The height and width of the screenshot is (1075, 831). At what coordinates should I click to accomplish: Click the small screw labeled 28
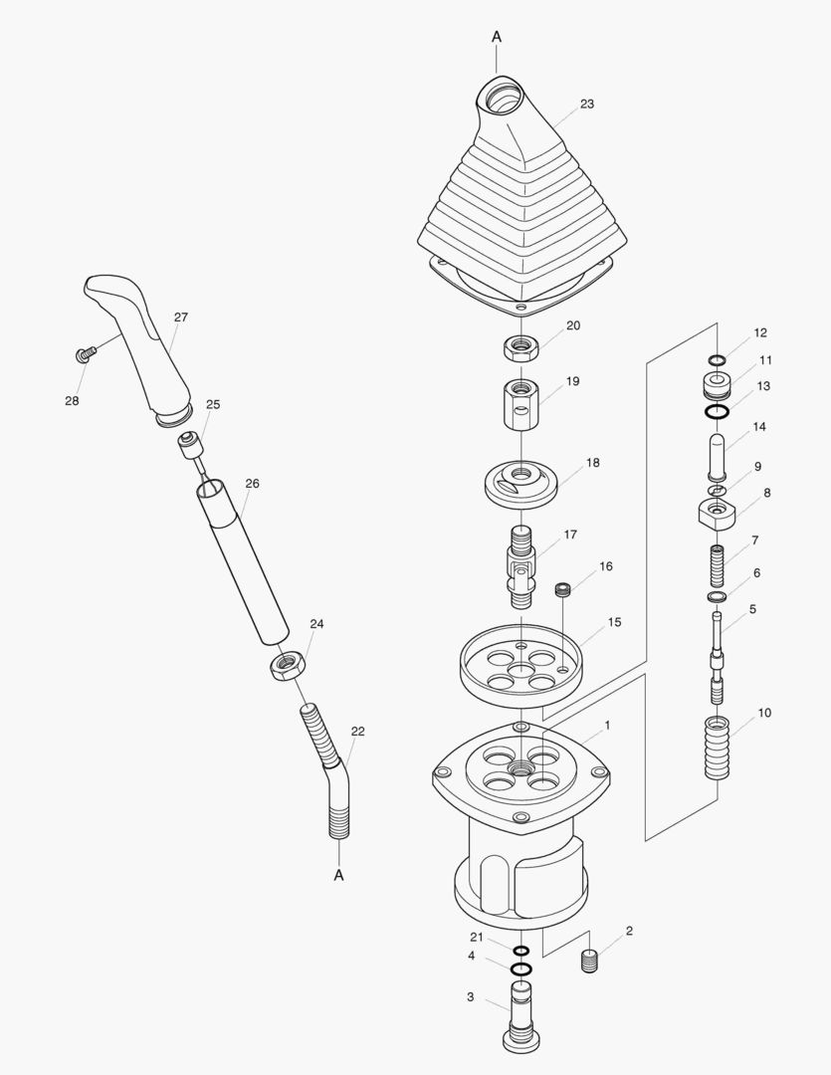click(x=84, y=353)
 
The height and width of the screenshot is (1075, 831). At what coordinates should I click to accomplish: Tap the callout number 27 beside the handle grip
click(x=181, y=318)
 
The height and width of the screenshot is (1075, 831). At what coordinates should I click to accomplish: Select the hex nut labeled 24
click(x=285, y=665)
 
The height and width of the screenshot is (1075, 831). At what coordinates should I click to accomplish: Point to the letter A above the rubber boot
click(x=497, y=37)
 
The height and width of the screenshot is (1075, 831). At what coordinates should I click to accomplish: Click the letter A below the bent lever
click(x=338, y=876)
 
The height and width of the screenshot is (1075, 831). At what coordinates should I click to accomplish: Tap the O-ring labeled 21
click(x=520, y=951)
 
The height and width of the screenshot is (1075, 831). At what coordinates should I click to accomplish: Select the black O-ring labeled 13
click(x=718, y=411)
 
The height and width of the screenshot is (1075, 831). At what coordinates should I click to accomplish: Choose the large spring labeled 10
click(x=718, y=747)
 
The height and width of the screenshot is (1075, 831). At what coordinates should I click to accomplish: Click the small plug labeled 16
click(x=563, y=589)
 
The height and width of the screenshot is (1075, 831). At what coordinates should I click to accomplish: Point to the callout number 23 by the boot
click(x=587, y=105)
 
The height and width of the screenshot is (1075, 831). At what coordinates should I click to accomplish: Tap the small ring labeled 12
click(x=718, y=360)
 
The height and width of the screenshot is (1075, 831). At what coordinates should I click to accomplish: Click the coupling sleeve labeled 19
click(x=521, y=405)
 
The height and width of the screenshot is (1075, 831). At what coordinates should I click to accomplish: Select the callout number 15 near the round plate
click(x=614, y=622)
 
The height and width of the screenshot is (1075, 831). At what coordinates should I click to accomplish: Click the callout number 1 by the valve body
click(x=607, y=725)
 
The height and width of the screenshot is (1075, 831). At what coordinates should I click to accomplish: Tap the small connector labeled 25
click(x=192, y=445)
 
